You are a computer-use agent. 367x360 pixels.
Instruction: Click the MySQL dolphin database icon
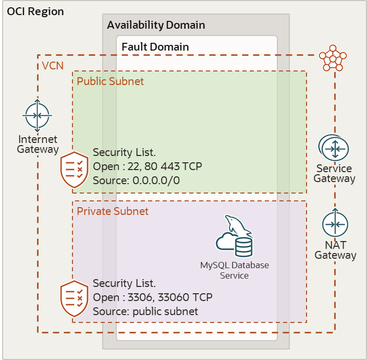235,237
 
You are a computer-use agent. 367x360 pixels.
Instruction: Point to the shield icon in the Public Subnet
75,170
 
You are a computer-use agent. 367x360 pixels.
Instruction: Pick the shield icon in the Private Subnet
75,299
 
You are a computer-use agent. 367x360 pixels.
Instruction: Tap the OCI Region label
35,11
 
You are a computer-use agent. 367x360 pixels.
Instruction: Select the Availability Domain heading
156,25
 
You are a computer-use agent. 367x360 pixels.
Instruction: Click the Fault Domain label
155,47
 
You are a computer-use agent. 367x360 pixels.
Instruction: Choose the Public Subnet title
111,81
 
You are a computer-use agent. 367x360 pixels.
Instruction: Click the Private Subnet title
113,211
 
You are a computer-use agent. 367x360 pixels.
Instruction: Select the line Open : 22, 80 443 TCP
148,166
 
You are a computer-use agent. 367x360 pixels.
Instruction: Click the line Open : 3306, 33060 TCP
153,297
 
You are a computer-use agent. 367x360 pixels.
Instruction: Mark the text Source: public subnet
145,311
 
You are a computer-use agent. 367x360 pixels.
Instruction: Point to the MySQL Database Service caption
235,270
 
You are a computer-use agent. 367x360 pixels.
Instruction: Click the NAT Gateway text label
335,250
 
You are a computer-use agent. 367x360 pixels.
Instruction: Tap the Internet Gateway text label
38,145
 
